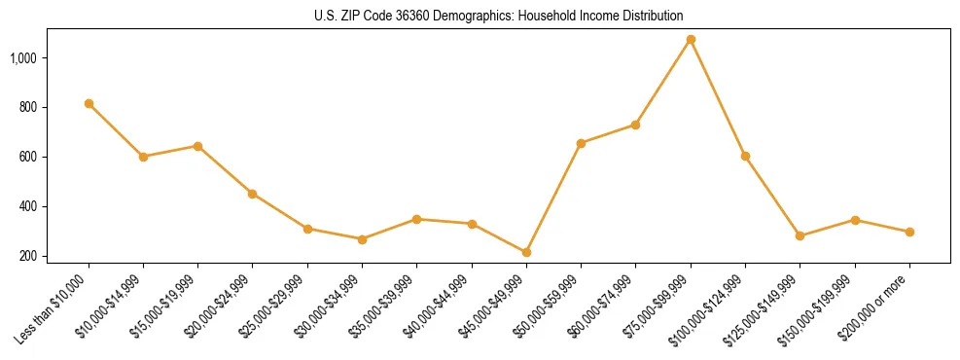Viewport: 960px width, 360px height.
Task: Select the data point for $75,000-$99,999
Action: pyautogui.click(x=691, y=40)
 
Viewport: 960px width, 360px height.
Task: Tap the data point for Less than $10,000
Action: pyautogui.click(x=89, y=103)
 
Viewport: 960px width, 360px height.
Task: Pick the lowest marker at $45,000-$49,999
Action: pyautogui.click(x=526, y=252)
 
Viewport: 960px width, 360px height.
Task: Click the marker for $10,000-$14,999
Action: pyautogui.click(x=143, y=157)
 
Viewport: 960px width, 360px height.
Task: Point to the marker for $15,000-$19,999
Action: pyautogui.click(x=197, y=146)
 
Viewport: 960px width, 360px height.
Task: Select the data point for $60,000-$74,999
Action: pyautogui.click(x=635, y=125)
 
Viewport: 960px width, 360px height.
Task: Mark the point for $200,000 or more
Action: pyautogui.click(x=909, y=232)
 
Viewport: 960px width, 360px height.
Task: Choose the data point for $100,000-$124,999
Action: pyautogui.click(x=745, y=156)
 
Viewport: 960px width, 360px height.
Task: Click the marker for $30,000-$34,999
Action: pyautogui.click(x=362, y=239)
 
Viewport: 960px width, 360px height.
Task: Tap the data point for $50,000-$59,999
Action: pyautogui.click(x=581, y=143)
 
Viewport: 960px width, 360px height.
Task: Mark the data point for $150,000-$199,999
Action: pyautogui.click(x=855, y=220)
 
